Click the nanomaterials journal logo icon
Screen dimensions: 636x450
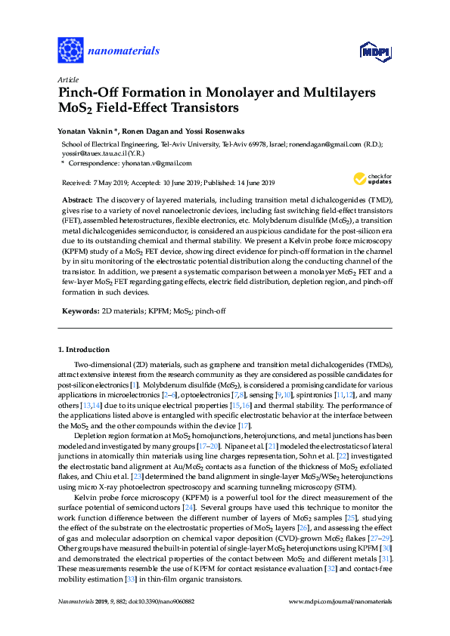[x=70, y=50]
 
